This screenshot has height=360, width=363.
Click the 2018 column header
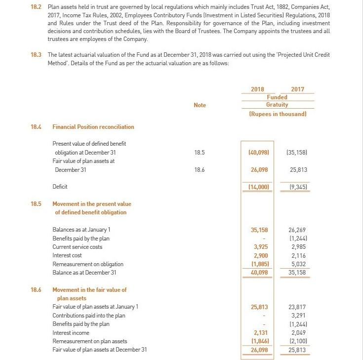[x=257, y=89]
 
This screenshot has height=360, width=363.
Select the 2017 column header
[x=298, y=89]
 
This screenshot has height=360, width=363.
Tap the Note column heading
[x=200, y=105]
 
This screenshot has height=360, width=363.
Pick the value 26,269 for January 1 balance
[x=297, y=230]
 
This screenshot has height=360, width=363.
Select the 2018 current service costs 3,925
[x=261, y=247]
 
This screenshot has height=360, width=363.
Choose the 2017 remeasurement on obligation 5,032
[x=298, y=264]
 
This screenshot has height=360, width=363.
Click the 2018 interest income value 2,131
[x=261, y=333]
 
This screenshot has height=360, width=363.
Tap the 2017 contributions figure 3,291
[x=298, y=316]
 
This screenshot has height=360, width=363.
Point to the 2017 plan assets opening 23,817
[x=297, y=307]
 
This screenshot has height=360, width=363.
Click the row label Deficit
[x=60, y=187]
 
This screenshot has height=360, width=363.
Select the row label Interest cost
[x=67, y=255]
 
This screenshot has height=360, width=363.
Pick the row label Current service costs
[x=78, y=247]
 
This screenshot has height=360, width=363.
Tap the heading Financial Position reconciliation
[x=93, y=127]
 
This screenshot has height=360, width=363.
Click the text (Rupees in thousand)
[x=278, y=114]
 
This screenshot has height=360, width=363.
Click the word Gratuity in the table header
[x=277, y=105]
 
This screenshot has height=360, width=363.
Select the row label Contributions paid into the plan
[x=89, y=316]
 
